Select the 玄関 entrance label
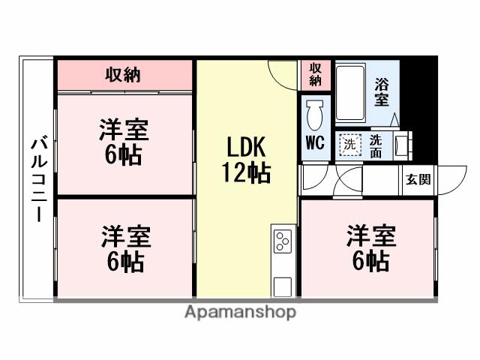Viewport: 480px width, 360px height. click(x=418, y=179)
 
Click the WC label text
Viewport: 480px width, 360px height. click(x=315, y=142)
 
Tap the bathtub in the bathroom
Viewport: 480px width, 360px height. click(x=349, y=92)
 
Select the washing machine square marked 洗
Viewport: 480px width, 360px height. click(x=348, y=145)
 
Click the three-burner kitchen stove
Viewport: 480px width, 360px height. click(x=283, y=241)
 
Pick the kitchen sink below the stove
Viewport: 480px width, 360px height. click(x=283, y=286)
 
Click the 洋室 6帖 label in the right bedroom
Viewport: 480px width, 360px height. click(x=369, y=248)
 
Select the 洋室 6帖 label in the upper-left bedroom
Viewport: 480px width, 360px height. click(x=123, y=142)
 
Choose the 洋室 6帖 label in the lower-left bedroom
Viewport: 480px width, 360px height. click(x=124, y=248)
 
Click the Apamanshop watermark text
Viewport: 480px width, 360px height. click(x=240, y=312)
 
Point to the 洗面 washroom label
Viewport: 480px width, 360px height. click(x=376, y=144)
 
